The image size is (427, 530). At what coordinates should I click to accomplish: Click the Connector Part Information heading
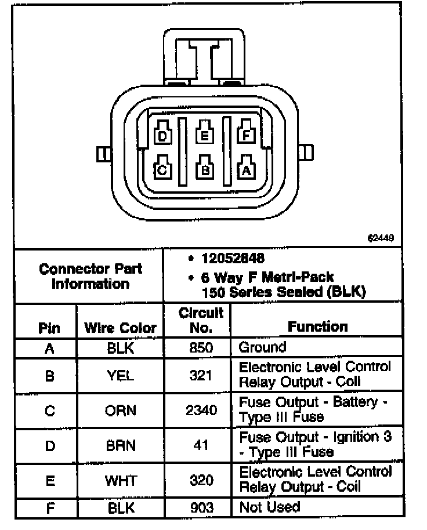coord(91,277)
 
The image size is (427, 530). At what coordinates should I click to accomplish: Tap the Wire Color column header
coord(120,328)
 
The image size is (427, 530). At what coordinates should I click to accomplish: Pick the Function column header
coord(318,326)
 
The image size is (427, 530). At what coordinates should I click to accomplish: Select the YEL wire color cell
coord(120,375)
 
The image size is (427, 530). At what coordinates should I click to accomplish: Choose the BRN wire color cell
coord(120,446)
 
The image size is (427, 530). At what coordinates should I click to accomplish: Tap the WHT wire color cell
coord(120,481)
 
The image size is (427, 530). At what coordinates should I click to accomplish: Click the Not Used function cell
coord(270,507)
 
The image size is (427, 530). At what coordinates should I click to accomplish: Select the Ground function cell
coord(263,348)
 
